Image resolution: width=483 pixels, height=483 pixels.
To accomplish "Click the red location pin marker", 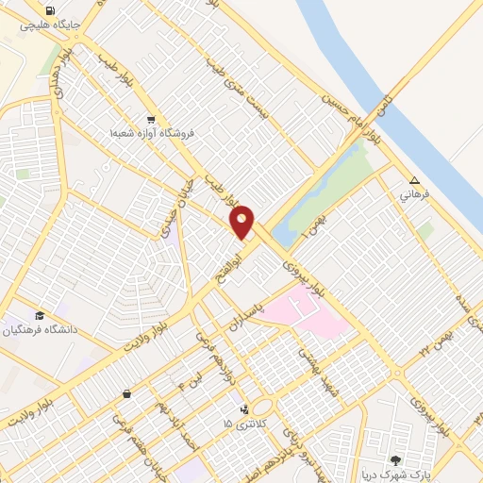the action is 242,222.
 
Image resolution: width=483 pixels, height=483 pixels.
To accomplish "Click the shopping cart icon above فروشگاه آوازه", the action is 151,120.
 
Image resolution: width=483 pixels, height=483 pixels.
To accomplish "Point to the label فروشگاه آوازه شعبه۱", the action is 151,134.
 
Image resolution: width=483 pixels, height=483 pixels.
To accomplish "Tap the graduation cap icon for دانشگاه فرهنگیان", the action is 40,316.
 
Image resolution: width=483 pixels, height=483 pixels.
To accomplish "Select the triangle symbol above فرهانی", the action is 414,181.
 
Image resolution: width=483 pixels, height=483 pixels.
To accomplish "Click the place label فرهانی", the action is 414,195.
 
